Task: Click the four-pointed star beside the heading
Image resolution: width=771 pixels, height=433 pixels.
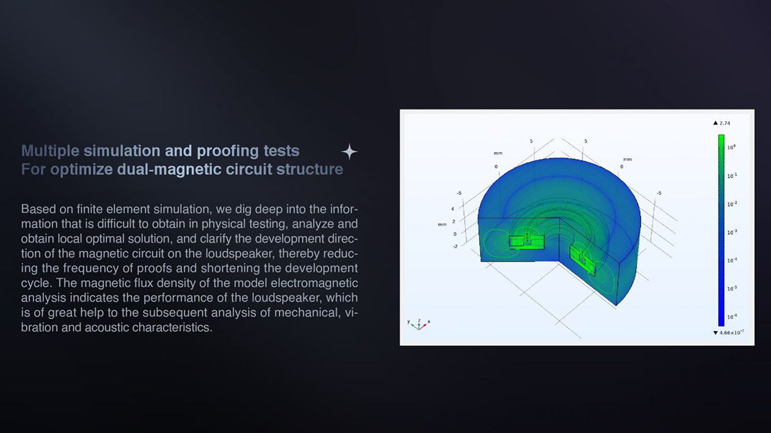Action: coord(350,151)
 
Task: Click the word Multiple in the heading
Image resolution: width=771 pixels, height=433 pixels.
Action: coord(50,151)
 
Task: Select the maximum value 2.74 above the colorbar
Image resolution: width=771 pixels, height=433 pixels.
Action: coord(725,123)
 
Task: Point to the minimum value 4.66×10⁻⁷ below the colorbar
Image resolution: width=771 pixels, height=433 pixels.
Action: coord(731,332)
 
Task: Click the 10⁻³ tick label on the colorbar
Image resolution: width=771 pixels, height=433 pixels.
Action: coord(732,232)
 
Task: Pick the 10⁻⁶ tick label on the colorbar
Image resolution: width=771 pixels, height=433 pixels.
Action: coord(732,316)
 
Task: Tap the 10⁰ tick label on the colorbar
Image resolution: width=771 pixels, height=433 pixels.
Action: coord(731,147)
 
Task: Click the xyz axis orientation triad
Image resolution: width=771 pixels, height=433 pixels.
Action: coord(419,325)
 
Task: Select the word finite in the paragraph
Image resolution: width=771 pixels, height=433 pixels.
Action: coord(90,209)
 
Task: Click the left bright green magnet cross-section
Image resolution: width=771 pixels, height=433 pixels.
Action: coord(526,242)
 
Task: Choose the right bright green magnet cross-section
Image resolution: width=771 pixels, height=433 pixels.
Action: coord(582,259)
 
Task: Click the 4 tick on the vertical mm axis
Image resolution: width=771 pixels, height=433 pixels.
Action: coord(452,208)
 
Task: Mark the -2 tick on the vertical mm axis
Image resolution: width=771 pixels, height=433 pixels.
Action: coord(455,246)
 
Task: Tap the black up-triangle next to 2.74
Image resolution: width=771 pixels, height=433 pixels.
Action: coord(716,123)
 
